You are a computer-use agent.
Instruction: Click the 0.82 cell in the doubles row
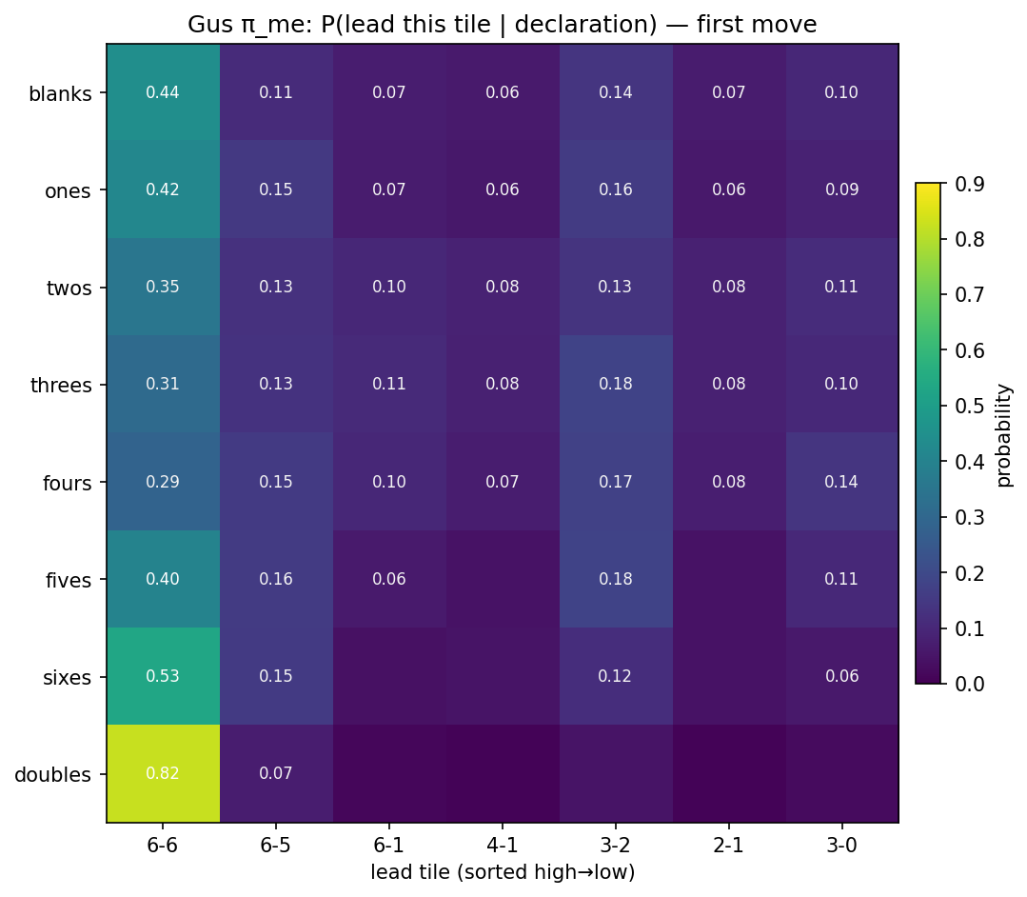pyautogui.click(x=163, y=773)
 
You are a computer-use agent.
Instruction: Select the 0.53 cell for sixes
pyautogui.click(x=163, y=676)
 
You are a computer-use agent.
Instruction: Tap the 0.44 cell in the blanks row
pyautogui.click(x=163, y=92)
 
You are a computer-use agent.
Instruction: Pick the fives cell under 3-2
pyautogui.click(x=616, y=579)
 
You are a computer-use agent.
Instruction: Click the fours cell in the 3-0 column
pyautogui.click(x=841, y=482)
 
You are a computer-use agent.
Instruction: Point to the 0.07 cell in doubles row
pyautogui.click(x=276, y=773)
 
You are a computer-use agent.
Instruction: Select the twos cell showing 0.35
pyautogui.click(x=163, y=287)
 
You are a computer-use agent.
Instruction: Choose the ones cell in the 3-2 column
pyautogui.click(x=616, y=189)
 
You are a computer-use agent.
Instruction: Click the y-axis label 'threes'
pyautogui.click(x=62, y=385)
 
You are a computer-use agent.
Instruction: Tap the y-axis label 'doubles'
pyautogui.click(x=53, y=774)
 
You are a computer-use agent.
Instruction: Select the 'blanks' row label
pyautogui.click(x=60, y=93)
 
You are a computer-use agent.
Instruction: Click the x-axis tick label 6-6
pyautogui.click(x=163, y=845)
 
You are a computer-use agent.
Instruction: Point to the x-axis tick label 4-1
pyautogui.click(x=503, y=845)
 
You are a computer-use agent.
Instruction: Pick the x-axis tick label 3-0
pyautogui.click(x=841, y=845)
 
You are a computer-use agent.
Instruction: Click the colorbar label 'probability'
pyautogui.click(x=1004, y=434)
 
